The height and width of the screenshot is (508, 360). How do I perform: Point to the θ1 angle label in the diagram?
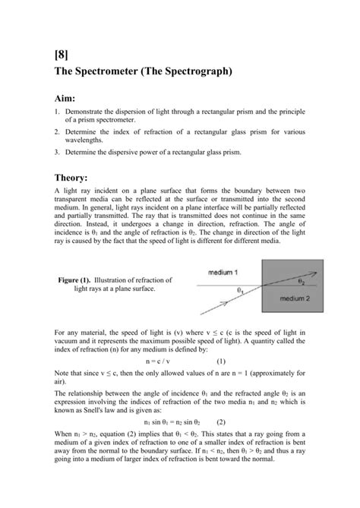click(x=242, y=289)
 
